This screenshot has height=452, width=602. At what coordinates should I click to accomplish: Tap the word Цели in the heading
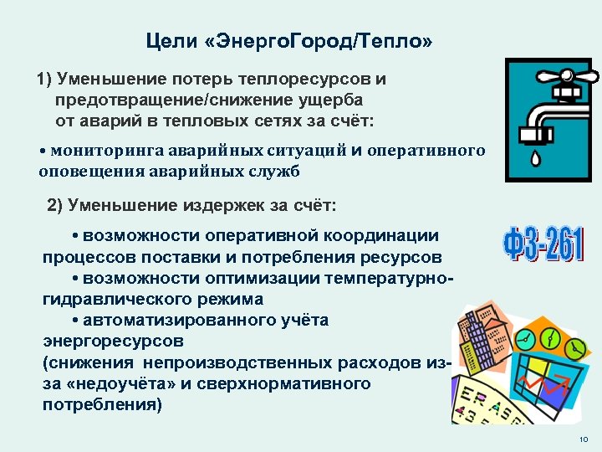pos(166,41)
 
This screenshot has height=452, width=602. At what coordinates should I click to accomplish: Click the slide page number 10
pos(583,440)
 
